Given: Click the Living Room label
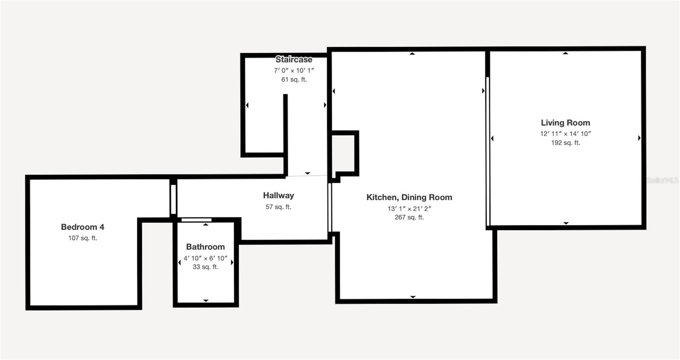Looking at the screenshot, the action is point(565,123).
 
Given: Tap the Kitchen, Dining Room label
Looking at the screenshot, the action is point(409,198).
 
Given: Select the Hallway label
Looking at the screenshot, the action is point(278,196).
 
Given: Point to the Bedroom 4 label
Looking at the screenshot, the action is point(82,227).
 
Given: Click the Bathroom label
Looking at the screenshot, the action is point(206,247).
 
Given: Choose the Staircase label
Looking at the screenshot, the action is point(294,59).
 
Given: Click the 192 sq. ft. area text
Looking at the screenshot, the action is point(566,143).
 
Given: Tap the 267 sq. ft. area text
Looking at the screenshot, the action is point(409,217).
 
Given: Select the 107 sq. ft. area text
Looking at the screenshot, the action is point(82,238).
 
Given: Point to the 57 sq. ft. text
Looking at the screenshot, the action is point(278,207).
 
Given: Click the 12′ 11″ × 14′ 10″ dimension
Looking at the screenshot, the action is point(566,133).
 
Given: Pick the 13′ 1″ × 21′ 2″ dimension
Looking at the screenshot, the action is point(409,209).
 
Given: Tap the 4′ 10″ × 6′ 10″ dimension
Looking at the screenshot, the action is point(206,258).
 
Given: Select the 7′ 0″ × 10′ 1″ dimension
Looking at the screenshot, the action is point(294,71).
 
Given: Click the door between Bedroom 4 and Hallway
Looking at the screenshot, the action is point(173,199).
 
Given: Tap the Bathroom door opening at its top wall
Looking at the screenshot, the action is point(196,220).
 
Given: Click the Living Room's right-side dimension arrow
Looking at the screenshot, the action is point(639,138).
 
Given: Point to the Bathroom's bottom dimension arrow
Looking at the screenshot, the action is point(206,300).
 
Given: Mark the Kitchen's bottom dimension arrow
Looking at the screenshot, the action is point(413,297).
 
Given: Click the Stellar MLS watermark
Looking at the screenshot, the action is point(663,180).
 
